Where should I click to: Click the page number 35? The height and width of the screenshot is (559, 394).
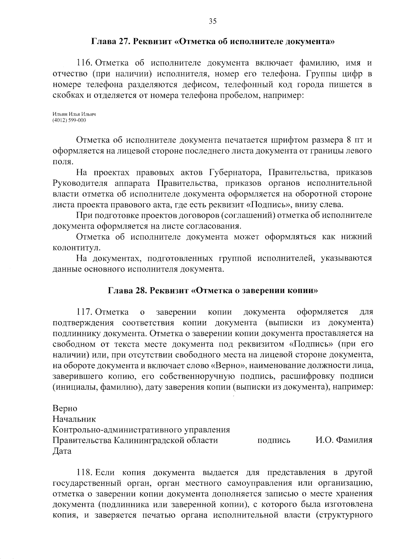pos(212,22)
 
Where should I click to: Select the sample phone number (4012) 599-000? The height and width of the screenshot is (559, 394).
pos(69,120)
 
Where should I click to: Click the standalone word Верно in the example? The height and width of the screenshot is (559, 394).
pos(65,409)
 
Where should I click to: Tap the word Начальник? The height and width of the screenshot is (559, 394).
pos(74,419)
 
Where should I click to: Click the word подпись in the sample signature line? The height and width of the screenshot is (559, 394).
pos(274,440)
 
